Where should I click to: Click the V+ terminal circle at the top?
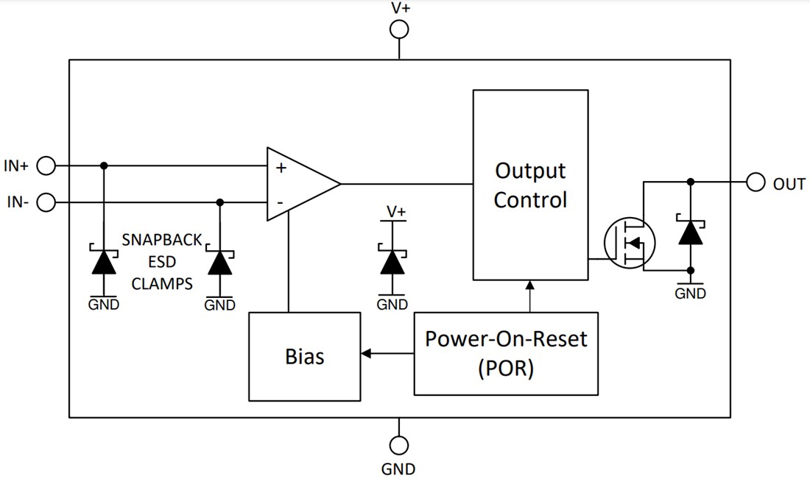pyautogui.click(x=399, y=29)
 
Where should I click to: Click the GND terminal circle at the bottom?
pyautogui.click(x=399, y=445)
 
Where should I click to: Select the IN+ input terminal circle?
pyautogui.click(x=46, y=166)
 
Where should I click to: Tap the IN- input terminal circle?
pyautogui.click(x=46, y=202)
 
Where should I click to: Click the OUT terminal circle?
pyautogui.click(x=756, y=182)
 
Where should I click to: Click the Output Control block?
pyautogui.click(x=530, y=185)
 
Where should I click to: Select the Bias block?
pyautogui.click(x=305, y=356)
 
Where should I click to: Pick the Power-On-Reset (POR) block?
pyautogui.click(x=506, y=353)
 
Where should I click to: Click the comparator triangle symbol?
pyautogui.click(x=298, y=184)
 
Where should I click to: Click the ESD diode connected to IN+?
pyautogui.click(x=103, y=261)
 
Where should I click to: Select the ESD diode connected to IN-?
pyautogui.click(x=219, y=261)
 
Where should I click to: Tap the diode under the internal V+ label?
pyautogui.click(x=392, y=261)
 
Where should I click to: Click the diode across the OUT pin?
pyautogui.click(x=690, y=233)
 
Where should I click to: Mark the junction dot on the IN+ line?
pyautogui.click(x=103, y=166)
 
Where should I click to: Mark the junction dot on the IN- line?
pyautogui.click(x=219, y=202)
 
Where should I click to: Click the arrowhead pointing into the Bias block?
pyautogui.click(x=366, y=354)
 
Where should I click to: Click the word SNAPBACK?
pyautogui.click(x=161, y=240)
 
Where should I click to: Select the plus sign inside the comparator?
pyautogui.click(x=281, y=168)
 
